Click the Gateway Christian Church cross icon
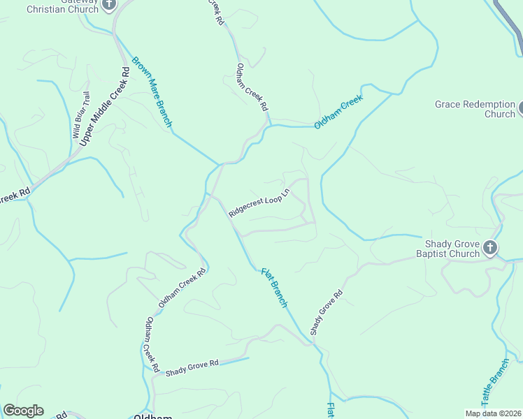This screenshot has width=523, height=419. point(108,5)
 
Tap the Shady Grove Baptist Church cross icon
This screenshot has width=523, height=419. point(491,247)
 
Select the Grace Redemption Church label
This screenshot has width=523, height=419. point(475,109)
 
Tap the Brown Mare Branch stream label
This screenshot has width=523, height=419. point(152,91)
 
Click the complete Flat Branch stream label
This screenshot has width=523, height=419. point(274,287)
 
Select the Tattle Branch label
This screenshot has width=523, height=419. point(495,383)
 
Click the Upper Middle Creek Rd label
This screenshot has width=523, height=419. point(105,106)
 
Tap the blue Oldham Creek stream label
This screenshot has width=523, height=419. point(339,112)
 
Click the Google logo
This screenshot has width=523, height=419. point(23,411)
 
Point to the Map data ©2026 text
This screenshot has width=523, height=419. point(494,413)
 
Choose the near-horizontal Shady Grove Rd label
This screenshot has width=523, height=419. point(191,367)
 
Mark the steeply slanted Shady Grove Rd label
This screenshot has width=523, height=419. point(327,311)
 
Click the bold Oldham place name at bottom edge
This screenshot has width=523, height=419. point(152,416)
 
